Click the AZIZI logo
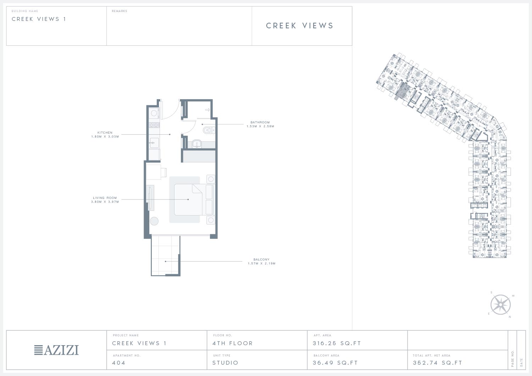(x=56, y=350)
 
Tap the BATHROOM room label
(x=260, y=123)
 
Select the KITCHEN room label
(x=105, y=133)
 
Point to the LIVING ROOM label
(x=105, y=198)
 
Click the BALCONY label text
(x=261, y=260)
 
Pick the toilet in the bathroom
(x=209, y=130)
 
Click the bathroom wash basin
(x=197, y=144)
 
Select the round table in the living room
(x=154, y=221)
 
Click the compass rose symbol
(x=500, y=305)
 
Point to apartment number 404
(x=118, y=363)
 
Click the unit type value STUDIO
(x=225, y=363)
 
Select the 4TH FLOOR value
(x=233, y=343)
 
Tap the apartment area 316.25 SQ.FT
(x=337, y=343)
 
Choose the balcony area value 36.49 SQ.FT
(x=335, y=363)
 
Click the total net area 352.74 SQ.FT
(x=437, y=363)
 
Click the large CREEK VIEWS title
(x=300, y=26)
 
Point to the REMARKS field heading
(x=120, y=11)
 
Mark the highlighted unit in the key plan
(x=402, y=91)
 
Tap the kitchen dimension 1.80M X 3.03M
(x=105, y=137)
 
